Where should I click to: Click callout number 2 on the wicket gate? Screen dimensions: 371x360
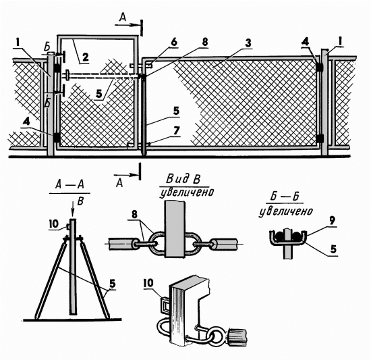pos(85,57)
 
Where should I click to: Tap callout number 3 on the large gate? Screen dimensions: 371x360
pos(248,43)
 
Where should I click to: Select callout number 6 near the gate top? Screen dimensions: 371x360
pos(174,43)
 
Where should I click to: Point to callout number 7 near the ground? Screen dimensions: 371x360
pos(176,131)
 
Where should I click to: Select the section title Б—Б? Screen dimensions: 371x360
pos(285,197)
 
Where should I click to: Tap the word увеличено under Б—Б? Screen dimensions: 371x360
pos(286,211)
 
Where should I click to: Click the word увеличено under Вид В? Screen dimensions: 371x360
pos(187,193)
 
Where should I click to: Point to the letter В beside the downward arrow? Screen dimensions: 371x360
pos(81,201)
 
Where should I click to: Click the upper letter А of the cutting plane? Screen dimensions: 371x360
pos(123,18)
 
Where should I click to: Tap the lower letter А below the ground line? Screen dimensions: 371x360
pos(119,182)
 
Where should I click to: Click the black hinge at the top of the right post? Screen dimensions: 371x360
pos(320,67)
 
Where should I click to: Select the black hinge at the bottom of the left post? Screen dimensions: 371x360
pos(57,137)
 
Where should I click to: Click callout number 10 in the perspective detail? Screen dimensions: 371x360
pos(148,283)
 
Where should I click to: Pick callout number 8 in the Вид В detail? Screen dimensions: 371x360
pos(134,215)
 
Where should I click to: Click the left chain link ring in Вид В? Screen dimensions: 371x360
pos(157,243)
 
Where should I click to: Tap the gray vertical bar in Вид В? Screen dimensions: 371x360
pos(175,229)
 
